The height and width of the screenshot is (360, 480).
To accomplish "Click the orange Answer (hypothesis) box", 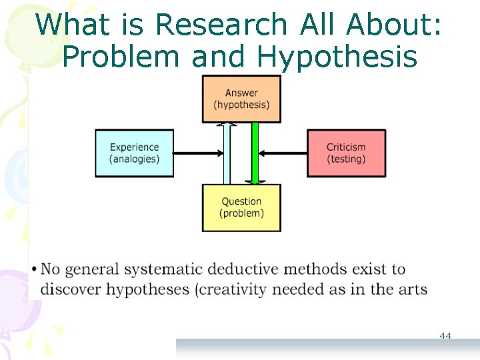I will pyautogui.click(x=241, y=99).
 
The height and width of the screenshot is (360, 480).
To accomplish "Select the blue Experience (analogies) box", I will pyautogui.click(x=135, y=153).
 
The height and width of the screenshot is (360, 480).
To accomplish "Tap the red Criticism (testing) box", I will pyautogui.click(x=346, y=153).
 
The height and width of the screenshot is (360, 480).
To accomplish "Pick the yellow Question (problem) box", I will pyautogui.click(x=241, y=207).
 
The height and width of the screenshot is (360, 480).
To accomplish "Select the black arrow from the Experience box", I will pyautogui.click(x=198, y=153).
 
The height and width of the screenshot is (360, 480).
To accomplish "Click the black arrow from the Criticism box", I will pyautogui.click(x=283, y=153).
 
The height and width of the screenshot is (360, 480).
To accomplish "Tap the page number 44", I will pyautogui.click(x=445, y=336).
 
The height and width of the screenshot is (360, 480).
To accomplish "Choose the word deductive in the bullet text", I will pyautogui.click(x=244, y=269).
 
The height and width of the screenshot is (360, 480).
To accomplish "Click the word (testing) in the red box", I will pyautogui.click(x=346, y=159).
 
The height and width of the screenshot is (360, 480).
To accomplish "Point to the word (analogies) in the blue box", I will pyautogui.click(x=135, y=159).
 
